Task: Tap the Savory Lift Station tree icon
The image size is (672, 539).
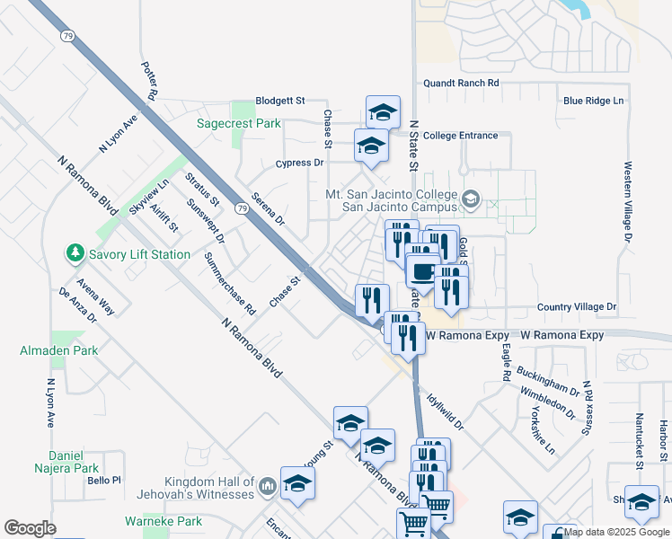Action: (x=75, y=254)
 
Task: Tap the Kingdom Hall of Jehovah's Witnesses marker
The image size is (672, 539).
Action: (x=267, y=488)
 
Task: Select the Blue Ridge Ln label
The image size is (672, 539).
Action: (x=593, y=101)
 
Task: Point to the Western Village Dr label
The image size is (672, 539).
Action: (x=628, y=201)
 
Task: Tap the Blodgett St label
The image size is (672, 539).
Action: (x=280, y=101)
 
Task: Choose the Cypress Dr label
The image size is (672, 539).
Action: (x=299, y=163)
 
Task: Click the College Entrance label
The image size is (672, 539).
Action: (x=459, y=136)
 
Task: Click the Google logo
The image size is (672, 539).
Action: (x=30, y=528)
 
